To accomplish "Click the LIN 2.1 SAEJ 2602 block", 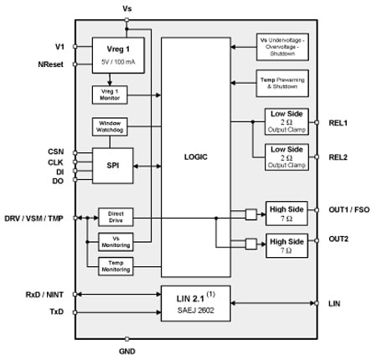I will click(195, 303).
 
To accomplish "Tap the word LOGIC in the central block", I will click(195, 156).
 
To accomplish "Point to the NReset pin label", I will click(54, 63).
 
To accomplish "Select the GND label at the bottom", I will click(127, 352).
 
